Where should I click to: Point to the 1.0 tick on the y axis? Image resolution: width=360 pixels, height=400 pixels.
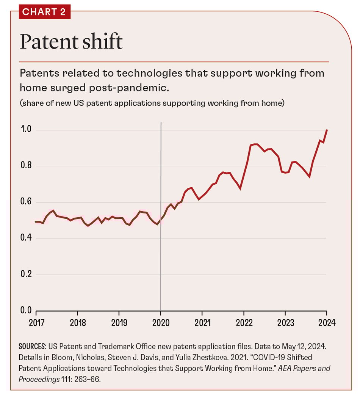pyautogui.click(x=26, y=130)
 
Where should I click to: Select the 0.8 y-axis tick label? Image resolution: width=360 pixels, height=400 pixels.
pyautogui.click(x=26, y=166)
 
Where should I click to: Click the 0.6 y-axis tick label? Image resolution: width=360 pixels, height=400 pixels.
pyautogui.click(x=26, y=202)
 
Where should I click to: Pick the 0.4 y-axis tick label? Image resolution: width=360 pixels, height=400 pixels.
pyautogui.click(x=26, y=238)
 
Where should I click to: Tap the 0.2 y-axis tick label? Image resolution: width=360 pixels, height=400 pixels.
pyautogui.click(x=26, y=274)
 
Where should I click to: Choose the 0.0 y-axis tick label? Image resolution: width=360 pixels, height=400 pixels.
pyautogui.click(x=26, y=310)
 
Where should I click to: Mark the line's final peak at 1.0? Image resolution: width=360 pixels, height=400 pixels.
pyautogui.click(x=327, y=130)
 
